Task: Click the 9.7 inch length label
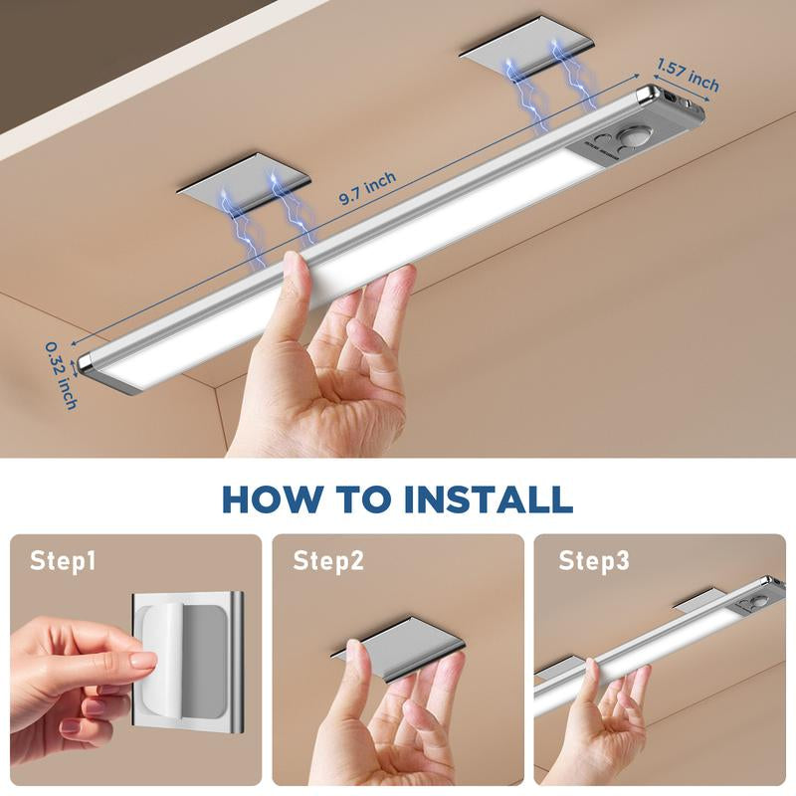pos(367,188)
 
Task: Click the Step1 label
pos(63,561)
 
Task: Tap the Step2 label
pos(328,561)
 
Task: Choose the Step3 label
pos(594,561)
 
